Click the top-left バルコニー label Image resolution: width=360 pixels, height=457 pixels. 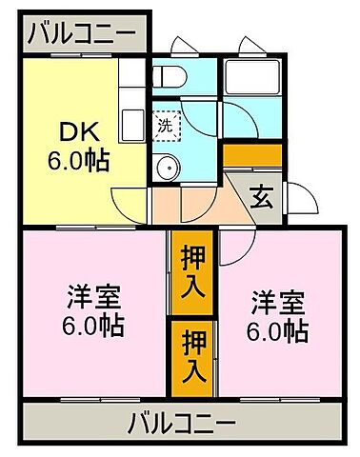coord(83,36)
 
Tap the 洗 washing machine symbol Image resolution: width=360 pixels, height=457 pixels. coord(165,124)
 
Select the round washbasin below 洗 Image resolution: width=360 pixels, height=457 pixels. coord(167,168)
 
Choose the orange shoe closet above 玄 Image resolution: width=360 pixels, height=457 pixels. coord(252,154)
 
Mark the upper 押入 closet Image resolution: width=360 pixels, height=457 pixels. coord(193,270)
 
